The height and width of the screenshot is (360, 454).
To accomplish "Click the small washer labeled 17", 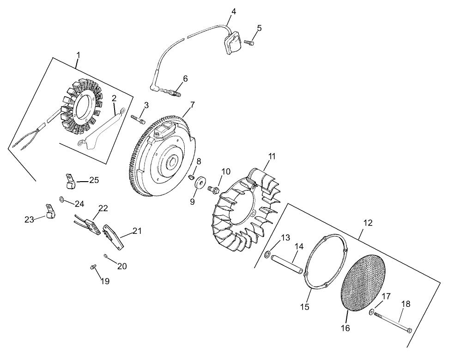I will pyautogui.click(x=372, y=312).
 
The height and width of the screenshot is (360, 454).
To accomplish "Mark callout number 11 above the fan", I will pyautogui.click(x=272, y=156).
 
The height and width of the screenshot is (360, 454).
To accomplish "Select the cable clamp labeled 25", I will pyautogui.click(x=69, y=181).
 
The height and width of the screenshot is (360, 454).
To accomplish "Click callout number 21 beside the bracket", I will pyautogui.click(x=137, y=231).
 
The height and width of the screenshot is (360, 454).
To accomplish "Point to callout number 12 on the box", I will pyautogui.click(x=368, y=223).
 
